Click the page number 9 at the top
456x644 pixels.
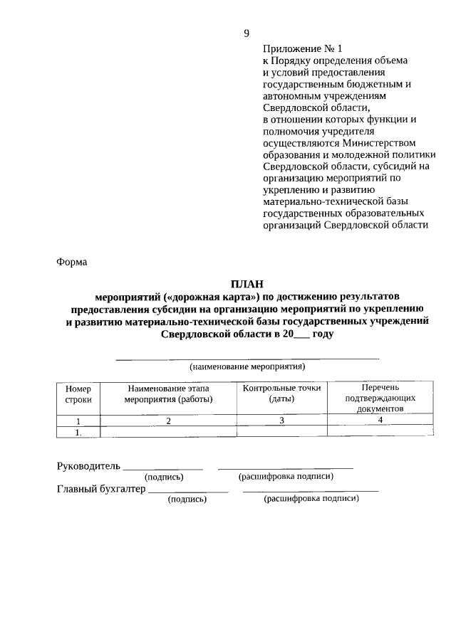247,33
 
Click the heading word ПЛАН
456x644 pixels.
247,283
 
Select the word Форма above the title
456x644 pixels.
71,262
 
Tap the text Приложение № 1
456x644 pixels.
303,49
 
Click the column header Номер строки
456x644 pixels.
78,394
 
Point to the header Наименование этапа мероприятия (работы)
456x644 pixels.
168,394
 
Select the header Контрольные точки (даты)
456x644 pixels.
281,394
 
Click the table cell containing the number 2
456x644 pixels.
168,421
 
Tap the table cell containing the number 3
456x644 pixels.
281,421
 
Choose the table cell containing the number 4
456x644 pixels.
380,420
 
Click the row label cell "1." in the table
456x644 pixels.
78,431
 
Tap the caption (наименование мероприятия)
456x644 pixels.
247,367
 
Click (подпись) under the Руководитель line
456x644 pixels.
163,477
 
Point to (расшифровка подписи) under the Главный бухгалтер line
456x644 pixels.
311,500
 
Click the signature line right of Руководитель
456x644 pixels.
163,469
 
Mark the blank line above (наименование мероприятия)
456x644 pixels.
247,359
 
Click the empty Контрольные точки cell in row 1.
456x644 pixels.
281,431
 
